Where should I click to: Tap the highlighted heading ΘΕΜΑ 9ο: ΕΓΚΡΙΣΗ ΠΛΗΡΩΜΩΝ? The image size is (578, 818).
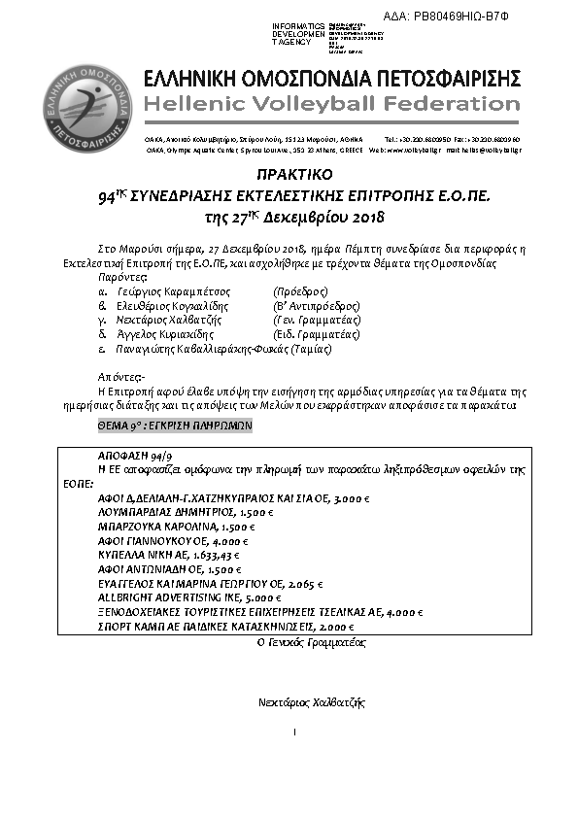click(175, 426)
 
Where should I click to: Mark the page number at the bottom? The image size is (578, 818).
click(293, 732)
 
